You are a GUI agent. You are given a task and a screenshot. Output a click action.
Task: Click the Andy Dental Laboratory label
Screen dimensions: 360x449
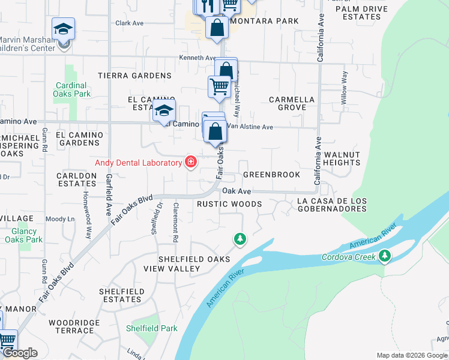(139, 163)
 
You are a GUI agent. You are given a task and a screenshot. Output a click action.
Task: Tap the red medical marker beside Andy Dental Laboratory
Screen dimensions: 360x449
(191, 162)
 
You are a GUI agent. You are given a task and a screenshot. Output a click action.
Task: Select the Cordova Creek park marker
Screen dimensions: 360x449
(385, 257)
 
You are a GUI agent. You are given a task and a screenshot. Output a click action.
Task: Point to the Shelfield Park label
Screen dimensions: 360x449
(152, 328)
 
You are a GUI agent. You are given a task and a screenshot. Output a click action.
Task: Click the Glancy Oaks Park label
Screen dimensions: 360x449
(24, 235)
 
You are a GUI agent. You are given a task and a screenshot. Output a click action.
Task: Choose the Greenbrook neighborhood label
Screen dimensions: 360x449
(271, 175)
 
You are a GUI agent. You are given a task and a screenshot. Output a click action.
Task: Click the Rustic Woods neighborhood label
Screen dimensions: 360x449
(230, 204)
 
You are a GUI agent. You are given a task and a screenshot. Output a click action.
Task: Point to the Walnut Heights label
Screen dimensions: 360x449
(342, 158)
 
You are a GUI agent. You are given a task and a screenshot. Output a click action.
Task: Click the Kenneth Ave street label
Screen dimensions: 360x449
(197, 58)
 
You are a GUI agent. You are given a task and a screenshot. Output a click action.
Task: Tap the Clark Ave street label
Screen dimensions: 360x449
(130, 23)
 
